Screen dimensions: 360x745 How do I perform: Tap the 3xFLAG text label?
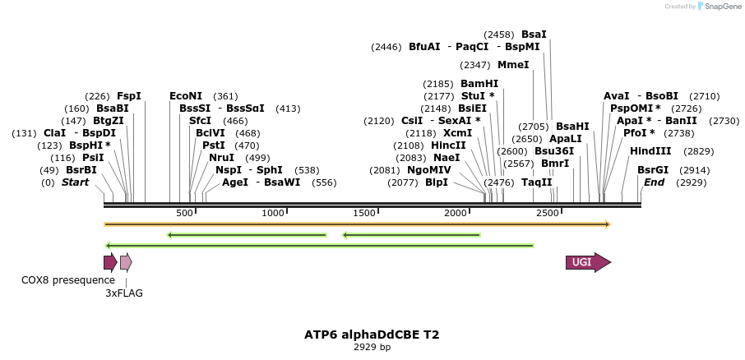tap(124, 293)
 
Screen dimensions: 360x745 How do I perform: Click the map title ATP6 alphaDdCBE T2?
tap(372, 335)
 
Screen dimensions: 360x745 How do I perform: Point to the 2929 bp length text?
tap(372, 347)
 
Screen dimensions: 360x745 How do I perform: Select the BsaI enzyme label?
tap(534, 35)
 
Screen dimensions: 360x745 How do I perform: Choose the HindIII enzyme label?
tap(650, 151)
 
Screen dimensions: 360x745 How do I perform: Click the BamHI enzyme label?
tap(479, 84)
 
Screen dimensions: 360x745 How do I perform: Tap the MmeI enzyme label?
tap(513, 65)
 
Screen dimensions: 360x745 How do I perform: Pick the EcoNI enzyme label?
tap(186, 96)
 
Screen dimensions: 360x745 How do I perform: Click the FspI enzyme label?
tap(129, 96)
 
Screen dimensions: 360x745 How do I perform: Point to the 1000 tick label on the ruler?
tap(273, 213)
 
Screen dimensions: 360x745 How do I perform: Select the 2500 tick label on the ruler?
tap(548, 213)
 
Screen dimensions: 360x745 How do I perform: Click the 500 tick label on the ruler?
tap(184, 213)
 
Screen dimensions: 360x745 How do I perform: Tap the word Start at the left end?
tap(75, 182)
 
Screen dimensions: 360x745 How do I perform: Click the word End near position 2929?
tap(654, 182)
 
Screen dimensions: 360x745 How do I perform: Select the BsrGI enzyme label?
tap(653, 170)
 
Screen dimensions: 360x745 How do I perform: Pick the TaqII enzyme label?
tap(537, 182)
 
